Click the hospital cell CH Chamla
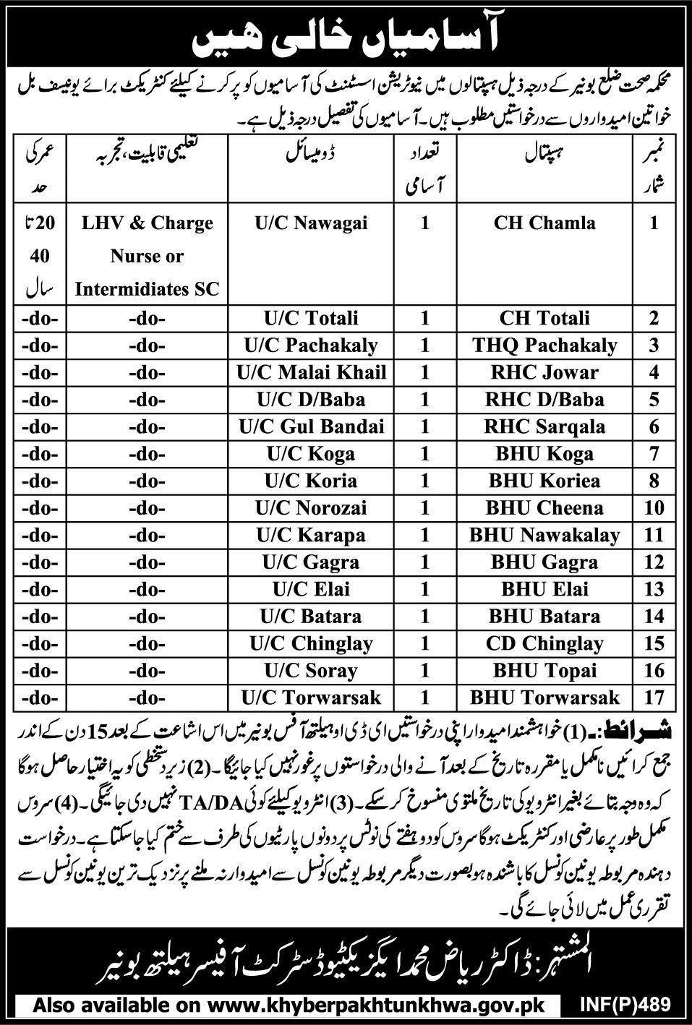(544, 223)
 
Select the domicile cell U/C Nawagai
(311, 223)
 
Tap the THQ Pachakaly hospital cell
(544, 346)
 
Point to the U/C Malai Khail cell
(311, 372)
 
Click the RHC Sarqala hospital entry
(544, 426)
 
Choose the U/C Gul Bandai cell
(311, 426)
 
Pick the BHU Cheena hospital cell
(544, 507)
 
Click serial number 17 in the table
(654, 698)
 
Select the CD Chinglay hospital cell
(544, 643)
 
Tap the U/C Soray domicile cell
(311, 671)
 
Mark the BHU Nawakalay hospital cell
(544, 535)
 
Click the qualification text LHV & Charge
(147, 223)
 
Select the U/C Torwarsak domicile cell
(311, 698)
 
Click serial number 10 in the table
(654, 507)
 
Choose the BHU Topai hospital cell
(544, 671)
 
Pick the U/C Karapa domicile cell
(311, 535)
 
